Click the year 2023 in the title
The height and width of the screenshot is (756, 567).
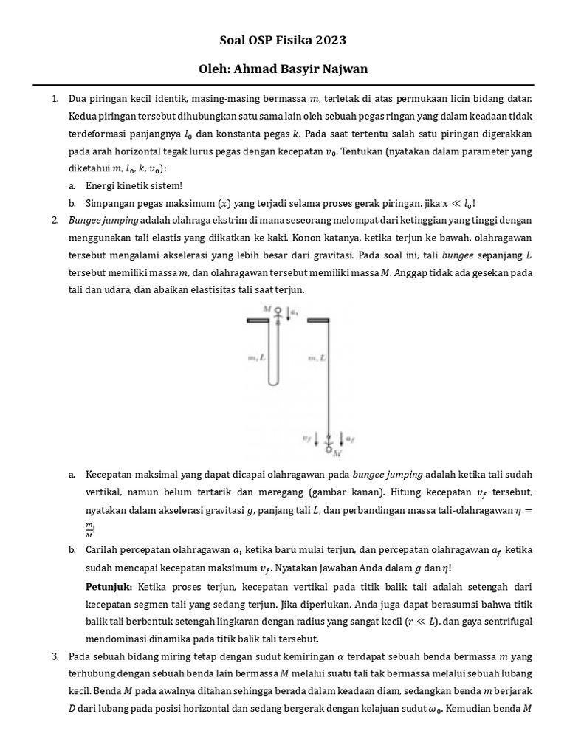coord(330,40)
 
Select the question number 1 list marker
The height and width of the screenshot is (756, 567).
coord(55,98)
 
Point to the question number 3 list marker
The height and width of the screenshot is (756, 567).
coord(55,656)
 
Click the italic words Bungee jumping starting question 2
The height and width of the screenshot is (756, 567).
coord(103,220)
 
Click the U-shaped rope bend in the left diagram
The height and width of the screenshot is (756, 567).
coord(273,381)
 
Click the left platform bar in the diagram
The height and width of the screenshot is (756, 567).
coord(258,320)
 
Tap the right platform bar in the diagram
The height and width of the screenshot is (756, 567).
coord(317,320)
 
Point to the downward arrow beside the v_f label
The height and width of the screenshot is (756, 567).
coord(317,439)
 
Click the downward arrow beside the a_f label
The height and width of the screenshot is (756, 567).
coord(340,439)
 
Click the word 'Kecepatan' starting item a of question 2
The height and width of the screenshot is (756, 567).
coord(111,474)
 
